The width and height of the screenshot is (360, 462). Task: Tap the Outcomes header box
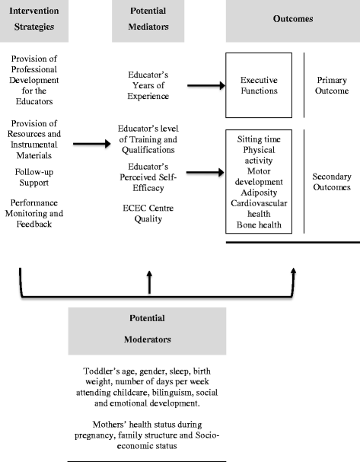[293, 19]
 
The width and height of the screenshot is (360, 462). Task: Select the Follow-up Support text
[39, 178]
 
